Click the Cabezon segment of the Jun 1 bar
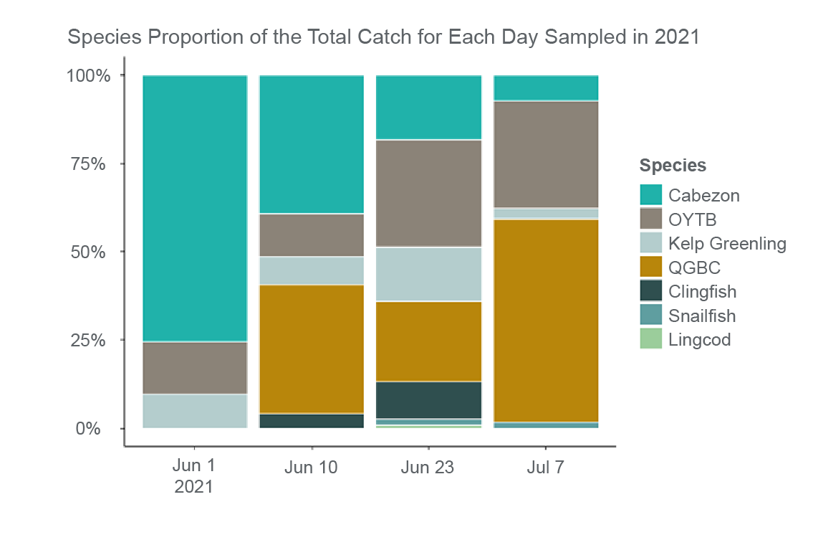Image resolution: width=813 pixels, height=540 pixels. (x=195, y=208)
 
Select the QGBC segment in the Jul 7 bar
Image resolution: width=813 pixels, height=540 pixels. (x=546, y=321)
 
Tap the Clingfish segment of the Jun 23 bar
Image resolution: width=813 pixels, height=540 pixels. (x=428, y=399)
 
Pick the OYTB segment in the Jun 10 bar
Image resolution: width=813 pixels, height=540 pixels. (x=311, y=235)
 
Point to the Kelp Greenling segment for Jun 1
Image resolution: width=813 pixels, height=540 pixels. (x=195, y=411)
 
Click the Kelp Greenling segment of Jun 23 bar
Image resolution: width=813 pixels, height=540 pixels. (x=428, y=274)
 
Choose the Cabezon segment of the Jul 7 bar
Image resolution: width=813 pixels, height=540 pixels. (x=546, y=87)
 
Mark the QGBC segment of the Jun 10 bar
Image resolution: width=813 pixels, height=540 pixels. (x=311, y=349)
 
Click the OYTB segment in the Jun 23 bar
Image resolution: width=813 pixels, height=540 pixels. (x=428, y=193)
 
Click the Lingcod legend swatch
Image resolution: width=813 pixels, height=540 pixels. (x=650, y=339)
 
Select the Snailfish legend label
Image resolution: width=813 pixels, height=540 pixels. (x=702, y=316)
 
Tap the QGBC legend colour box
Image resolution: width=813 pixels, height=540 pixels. (x=650, y=267)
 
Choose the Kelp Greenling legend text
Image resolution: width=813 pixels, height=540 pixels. (x=727, y=243)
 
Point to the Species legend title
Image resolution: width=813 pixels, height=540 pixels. (x=673, y=166)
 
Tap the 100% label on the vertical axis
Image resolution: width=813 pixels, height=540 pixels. (x=88, y=75)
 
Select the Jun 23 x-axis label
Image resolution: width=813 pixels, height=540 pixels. (x=428, y=468)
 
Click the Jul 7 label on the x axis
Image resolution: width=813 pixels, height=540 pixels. (x=545, y=468)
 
